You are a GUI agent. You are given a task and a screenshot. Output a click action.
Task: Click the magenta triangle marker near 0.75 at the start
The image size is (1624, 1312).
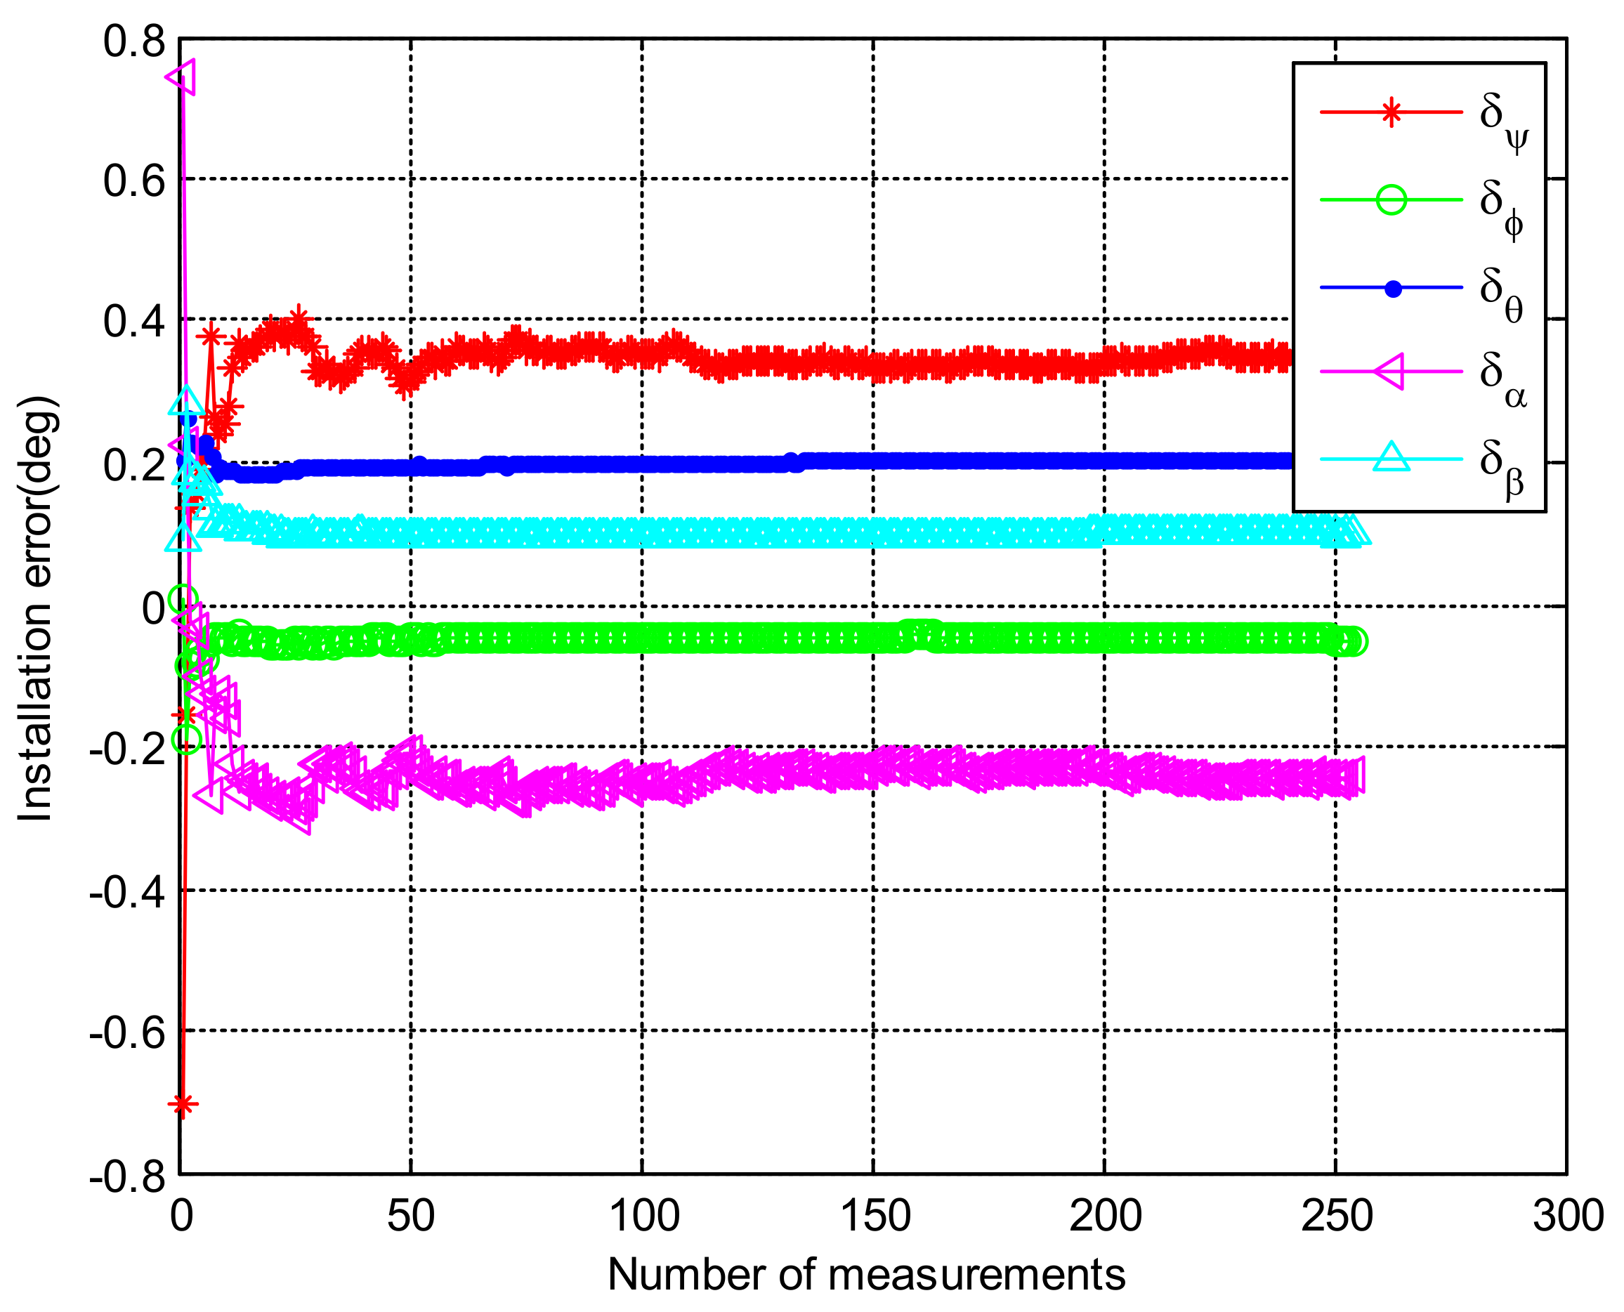[182, 77]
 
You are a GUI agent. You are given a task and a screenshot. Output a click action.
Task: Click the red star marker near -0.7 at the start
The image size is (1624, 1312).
[182, 1104]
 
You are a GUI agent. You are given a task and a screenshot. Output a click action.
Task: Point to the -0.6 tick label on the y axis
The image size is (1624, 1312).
[127, 1032]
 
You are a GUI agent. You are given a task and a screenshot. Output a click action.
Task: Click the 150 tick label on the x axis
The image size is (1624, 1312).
[875, 1216]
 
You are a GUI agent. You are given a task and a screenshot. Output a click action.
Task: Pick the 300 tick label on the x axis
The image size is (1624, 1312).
[1568, 1216]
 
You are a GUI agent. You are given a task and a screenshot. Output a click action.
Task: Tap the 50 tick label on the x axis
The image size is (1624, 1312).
[411, 1216]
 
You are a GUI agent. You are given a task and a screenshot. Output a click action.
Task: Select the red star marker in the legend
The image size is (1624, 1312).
[1391, 112]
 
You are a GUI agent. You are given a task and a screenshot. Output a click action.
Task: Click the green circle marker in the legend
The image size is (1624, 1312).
[1391, 200]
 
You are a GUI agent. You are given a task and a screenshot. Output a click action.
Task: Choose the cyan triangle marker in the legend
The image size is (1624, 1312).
[1391, 458]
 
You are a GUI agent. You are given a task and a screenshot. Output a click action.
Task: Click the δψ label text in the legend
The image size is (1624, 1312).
[1502, 121]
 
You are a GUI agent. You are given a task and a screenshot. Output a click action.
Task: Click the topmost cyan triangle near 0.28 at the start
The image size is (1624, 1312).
[187, 401]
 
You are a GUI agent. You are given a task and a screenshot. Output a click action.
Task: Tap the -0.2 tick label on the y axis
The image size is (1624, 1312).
[127, 748]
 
